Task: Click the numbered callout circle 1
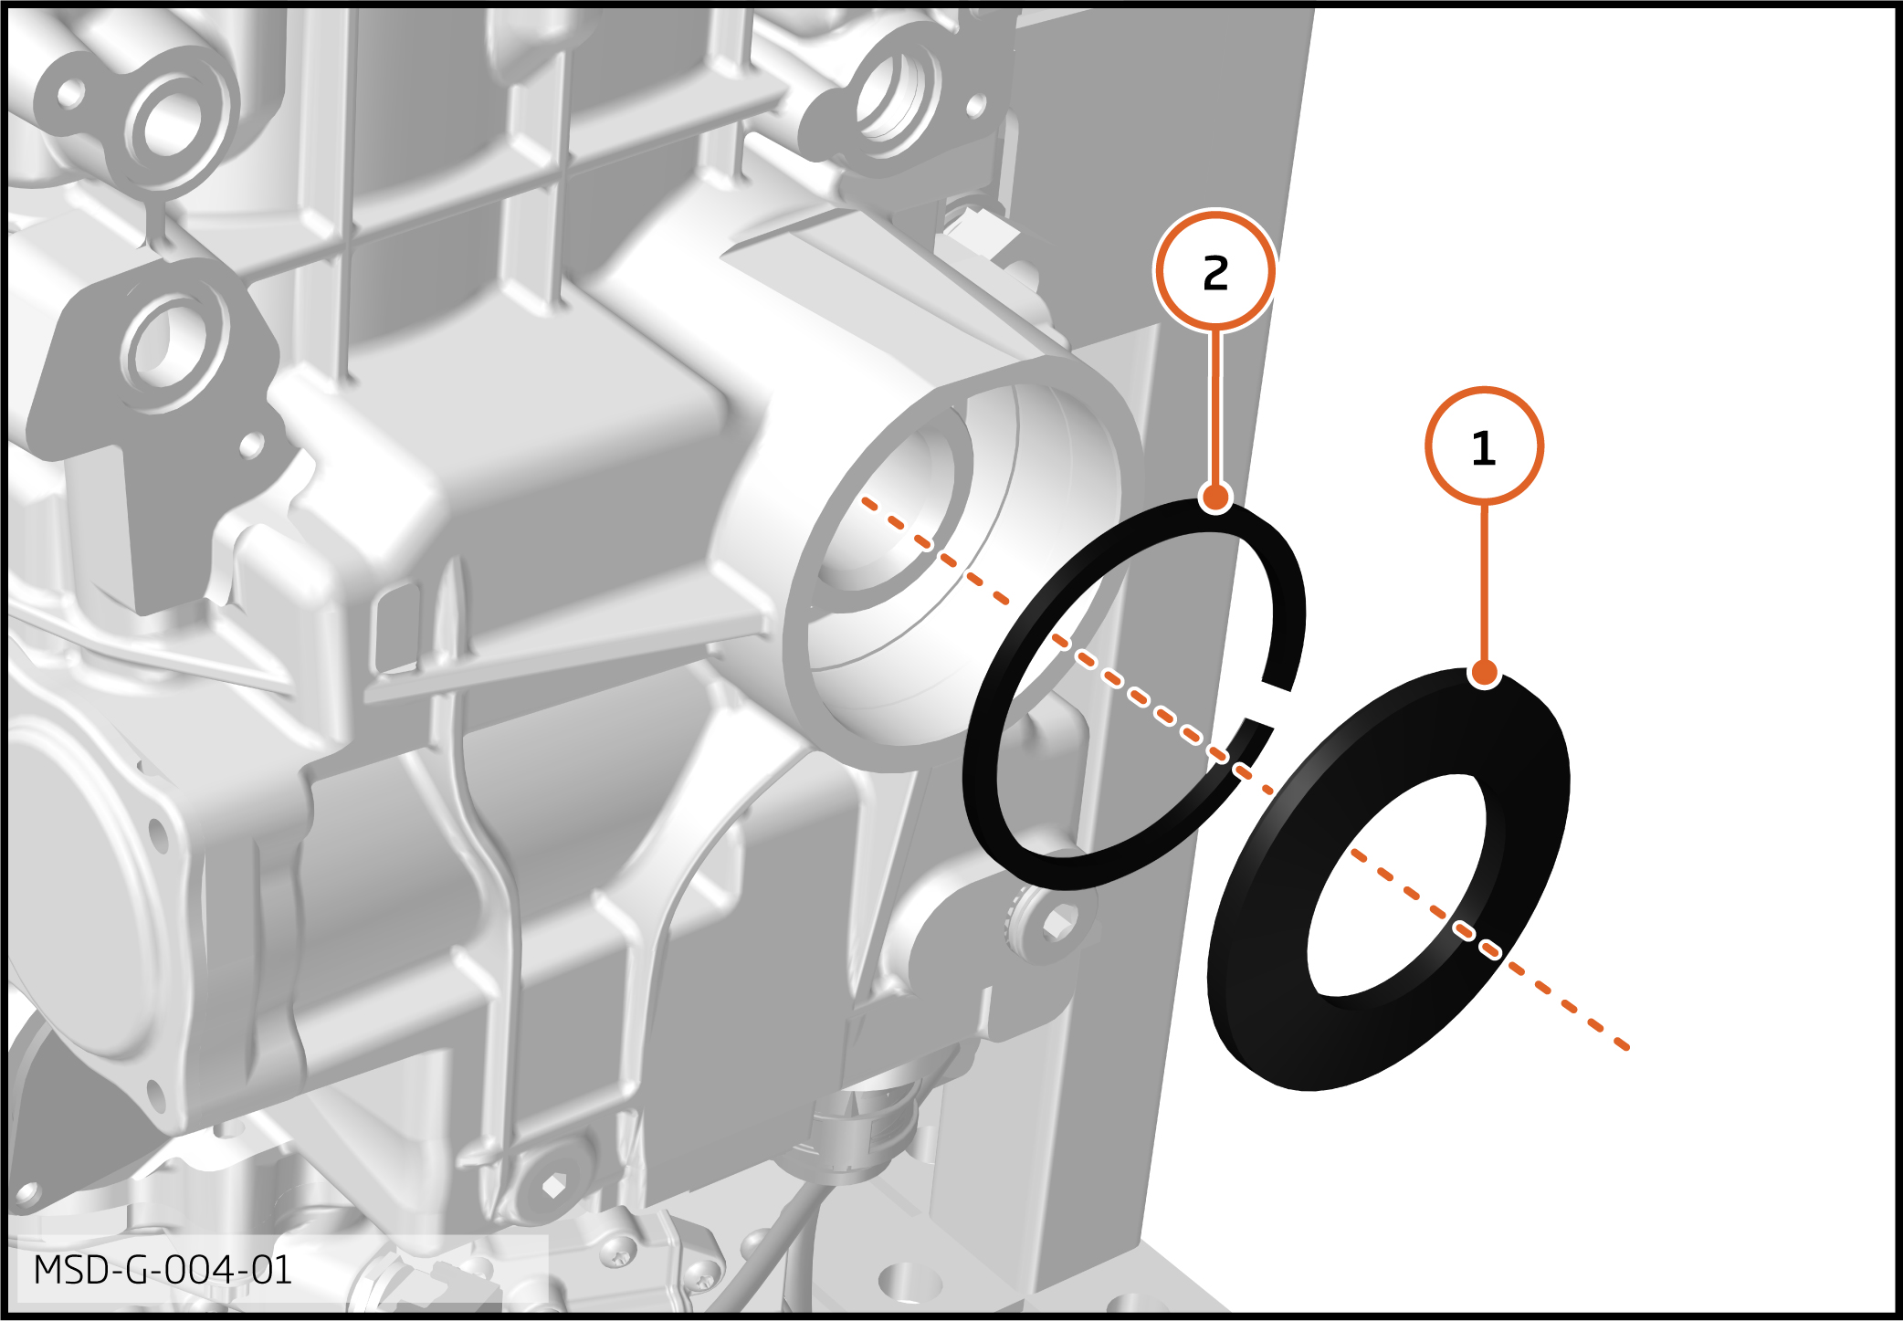pyautogui.click(x=1484, y=446)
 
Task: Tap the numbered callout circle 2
pyautogui.click(x=1215, y=271)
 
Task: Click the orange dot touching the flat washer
pyautogui.click(x=1485, y=674)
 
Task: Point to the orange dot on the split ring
pyautogui.click(x=1215, y=498)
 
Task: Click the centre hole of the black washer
pyautogui.click(x=1397, y=886)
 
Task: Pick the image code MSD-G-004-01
pyautogui.click(x=163, y=1270)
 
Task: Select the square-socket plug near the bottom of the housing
pyautogui.click(x=553, y=1187)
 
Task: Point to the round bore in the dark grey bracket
pyautogui.click(x=163, y=345)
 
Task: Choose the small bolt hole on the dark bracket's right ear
pyautogui.click(x=251, y=446)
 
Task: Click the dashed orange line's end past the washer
pyautogui.click(x=1627, y=1047)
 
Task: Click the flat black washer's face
pyautogui.click(x=1269, y=1004)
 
